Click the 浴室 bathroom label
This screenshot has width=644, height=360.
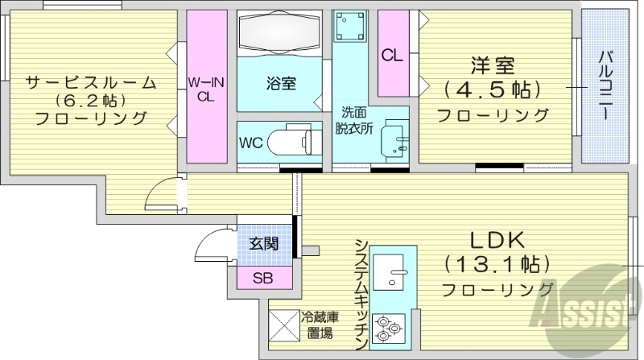pos(282,81)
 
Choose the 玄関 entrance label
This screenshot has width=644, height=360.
pos(263,242)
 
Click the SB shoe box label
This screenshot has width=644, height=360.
pos(263,279)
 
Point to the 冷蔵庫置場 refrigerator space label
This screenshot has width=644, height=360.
pos(319,324)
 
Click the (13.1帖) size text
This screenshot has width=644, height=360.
pos(496,263)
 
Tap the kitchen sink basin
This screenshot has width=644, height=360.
pos(394,275)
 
